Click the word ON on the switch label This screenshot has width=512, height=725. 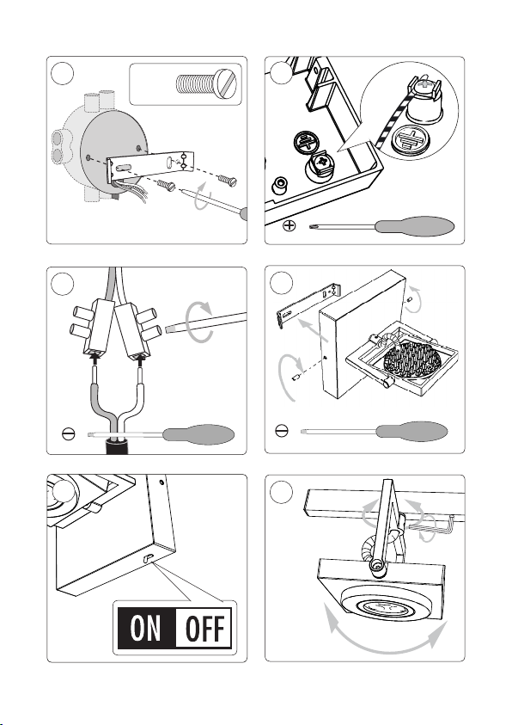click(x=146, y=628)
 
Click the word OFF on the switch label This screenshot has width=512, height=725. click(x=204, y=628)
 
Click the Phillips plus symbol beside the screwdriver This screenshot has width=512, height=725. click(x=289, y=225)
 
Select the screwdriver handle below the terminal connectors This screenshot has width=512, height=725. click(x=199, y=434)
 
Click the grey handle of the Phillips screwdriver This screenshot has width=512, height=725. click(x=414, y=226)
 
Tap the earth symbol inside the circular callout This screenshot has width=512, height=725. click(x=409, y=139)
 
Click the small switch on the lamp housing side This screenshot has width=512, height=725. click(x=149, y=557)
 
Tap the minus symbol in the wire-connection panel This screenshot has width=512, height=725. click(x=68, y=434)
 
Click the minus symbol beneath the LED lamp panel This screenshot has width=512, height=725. click(x=282, y=431)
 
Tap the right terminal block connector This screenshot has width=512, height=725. click(x=138, y=329)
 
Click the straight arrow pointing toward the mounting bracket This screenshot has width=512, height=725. click(x=313, y=330)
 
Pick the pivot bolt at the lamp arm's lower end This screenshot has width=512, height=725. click(x=376, y=565)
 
